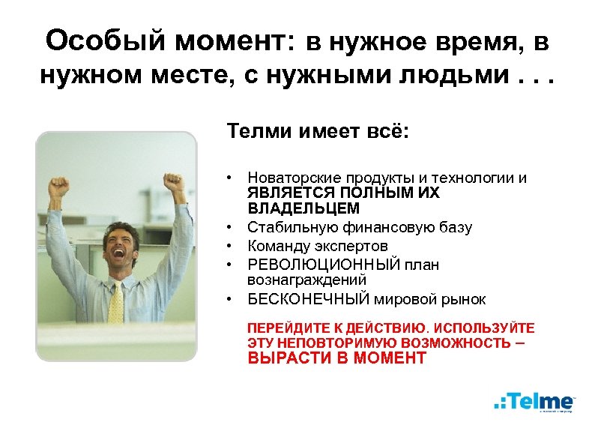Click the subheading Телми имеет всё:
click(x=318, y=133)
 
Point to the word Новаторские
click(x=293, y=178)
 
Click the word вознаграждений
click(x=306, y=280)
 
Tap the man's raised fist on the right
click(x=174, y=182)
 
